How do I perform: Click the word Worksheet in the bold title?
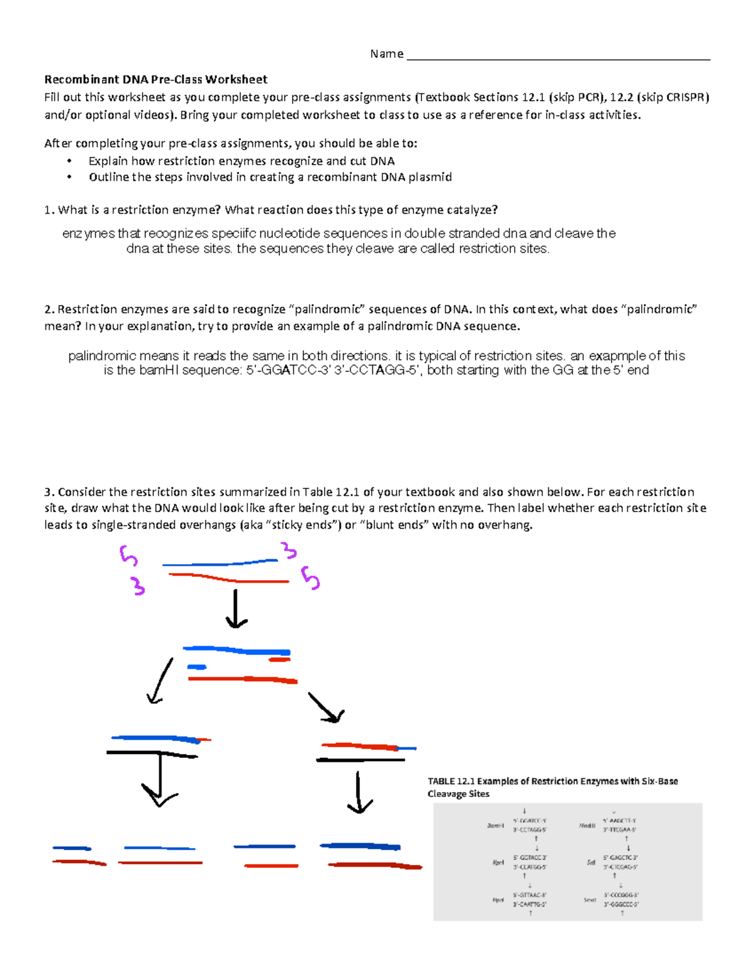(236, 80)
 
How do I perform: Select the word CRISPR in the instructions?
(686, 97)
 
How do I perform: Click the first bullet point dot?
(69, 162)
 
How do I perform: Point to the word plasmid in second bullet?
(430, 177)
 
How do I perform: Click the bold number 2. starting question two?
(50, 309)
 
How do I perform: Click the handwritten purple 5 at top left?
(128, 556)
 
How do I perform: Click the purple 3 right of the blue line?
(289, 551)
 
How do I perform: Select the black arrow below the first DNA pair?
(236, 608)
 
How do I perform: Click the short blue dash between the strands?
(196, 667)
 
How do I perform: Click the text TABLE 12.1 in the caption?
(450, 782)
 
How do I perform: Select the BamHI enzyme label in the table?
(495, 826)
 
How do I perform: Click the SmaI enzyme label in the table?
(590, 900)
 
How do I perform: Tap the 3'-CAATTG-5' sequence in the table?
(530, 904)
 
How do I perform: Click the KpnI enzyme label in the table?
(498, 863)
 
